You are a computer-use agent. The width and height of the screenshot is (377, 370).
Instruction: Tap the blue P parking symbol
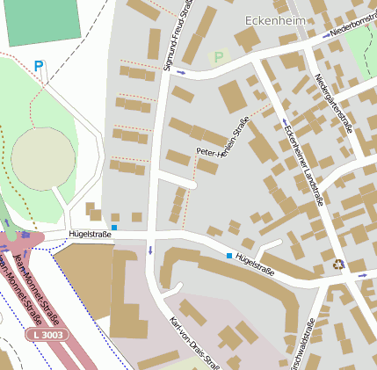(x=38, y=66)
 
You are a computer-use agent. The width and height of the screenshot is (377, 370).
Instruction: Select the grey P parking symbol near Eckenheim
(x=217, y=57)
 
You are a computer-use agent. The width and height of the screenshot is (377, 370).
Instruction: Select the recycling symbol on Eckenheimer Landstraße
(x=338, y=264)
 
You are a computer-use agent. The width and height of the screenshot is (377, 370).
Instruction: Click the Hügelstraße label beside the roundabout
(x=90, y=235)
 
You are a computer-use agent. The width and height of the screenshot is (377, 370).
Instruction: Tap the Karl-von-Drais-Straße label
(x=193, y=343)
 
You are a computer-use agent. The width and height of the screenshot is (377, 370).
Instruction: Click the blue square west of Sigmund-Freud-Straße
(x=113, y=228)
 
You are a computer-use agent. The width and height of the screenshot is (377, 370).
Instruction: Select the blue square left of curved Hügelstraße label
(x=229, y=256)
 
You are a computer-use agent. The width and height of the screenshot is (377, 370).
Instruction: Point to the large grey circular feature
(x=42, y=158)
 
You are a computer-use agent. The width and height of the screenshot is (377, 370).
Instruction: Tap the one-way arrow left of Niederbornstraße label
(x=326, y=34)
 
